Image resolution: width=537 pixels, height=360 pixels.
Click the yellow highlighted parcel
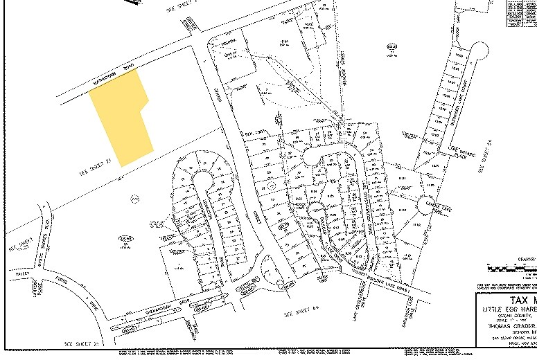pos(125,118)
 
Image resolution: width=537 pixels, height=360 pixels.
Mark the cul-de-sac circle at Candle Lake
pos(423,205)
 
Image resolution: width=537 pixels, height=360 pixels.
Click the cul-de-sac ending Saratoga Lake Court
pos(479,49)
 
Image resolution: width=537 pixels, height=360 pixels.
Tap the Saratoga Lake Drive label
pos(416,303)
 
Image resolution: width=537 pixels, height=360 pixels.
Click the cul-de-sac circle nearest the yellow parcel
pos(202,180)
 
